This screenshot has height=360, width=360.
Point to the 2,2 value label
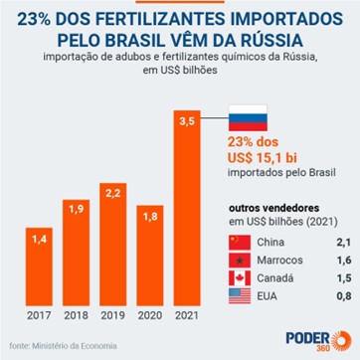[126, 191]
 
